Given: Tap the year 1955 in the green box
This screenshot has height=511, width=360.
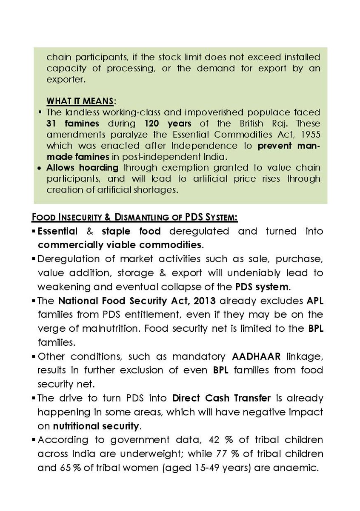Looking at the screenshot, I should pos(311,134).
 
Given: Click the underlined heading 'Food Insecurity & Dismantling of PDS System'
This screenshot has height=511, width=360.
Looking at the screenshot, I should pos(135,217).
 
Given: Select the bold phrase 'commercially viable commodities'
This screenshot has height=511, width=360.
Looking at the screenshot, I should pos(120,245).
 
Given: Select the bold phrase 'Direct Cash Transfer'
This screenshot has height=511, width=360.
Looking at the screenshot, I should pos(222,399).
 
